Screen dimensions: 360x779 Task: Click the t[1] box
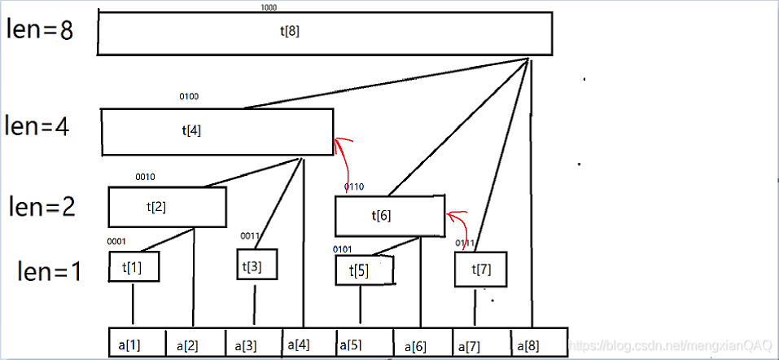pos(133,266)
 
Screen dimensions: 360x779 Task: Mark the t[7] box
pos(482,269)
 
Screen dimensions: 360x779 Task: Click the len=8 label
pos(40,30)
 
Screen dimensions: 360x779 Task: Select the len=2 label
pos(42,206)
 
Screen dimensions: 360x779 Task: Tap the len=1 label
pos(50,271)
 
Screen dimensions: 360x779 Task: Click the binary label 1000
pos(269,7)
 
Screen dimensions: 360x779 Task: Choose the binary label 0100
pos(189,96)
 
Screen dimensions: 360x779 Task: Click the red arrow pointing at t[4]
pos(344,159)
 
